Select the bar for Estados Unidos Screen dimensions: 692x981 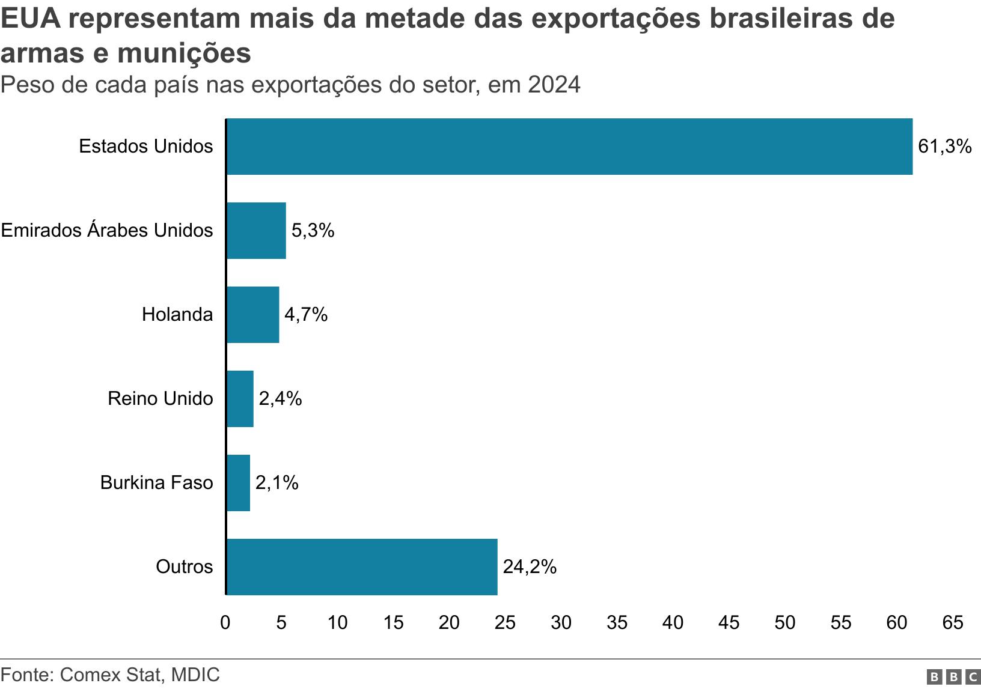tap(569, 147)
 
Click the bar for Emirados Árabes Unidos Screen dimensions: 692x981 tap(256, 231)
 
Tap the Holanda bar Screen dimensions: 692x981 tap(252, 315)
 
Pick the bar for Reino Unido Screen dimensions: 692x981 tap(240, 399)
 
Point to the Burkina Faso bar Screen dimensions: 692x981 tap(238, 483)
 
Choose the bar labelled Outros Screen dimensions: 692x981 tap(362, 567)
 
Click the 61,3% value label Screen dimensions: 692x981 tap(944, 147)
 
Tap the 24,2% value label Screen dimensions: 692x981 tap(530, 567)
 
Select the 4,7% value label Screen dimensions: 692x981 tap(306, 315)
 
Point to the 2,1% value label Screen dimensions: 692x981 tap(277, 483)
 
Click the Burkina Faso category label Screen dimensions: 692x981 tap(156, 483)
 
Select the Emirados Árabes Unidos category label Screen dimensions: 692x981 tap(107, 231)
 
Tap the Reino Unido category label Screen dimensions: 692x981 tap(160, 399)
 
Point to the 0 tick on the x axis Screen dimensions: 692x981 tap(225, 623)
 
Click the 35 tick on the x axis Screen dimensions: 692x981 tap(617, 623)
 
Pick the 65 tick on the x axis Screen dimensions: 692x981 tap(953, 623)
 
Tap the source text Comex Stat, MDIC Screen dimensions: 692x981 tap(140, 675)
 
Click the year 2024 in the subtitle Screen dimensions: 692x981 tap(554, 85)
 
